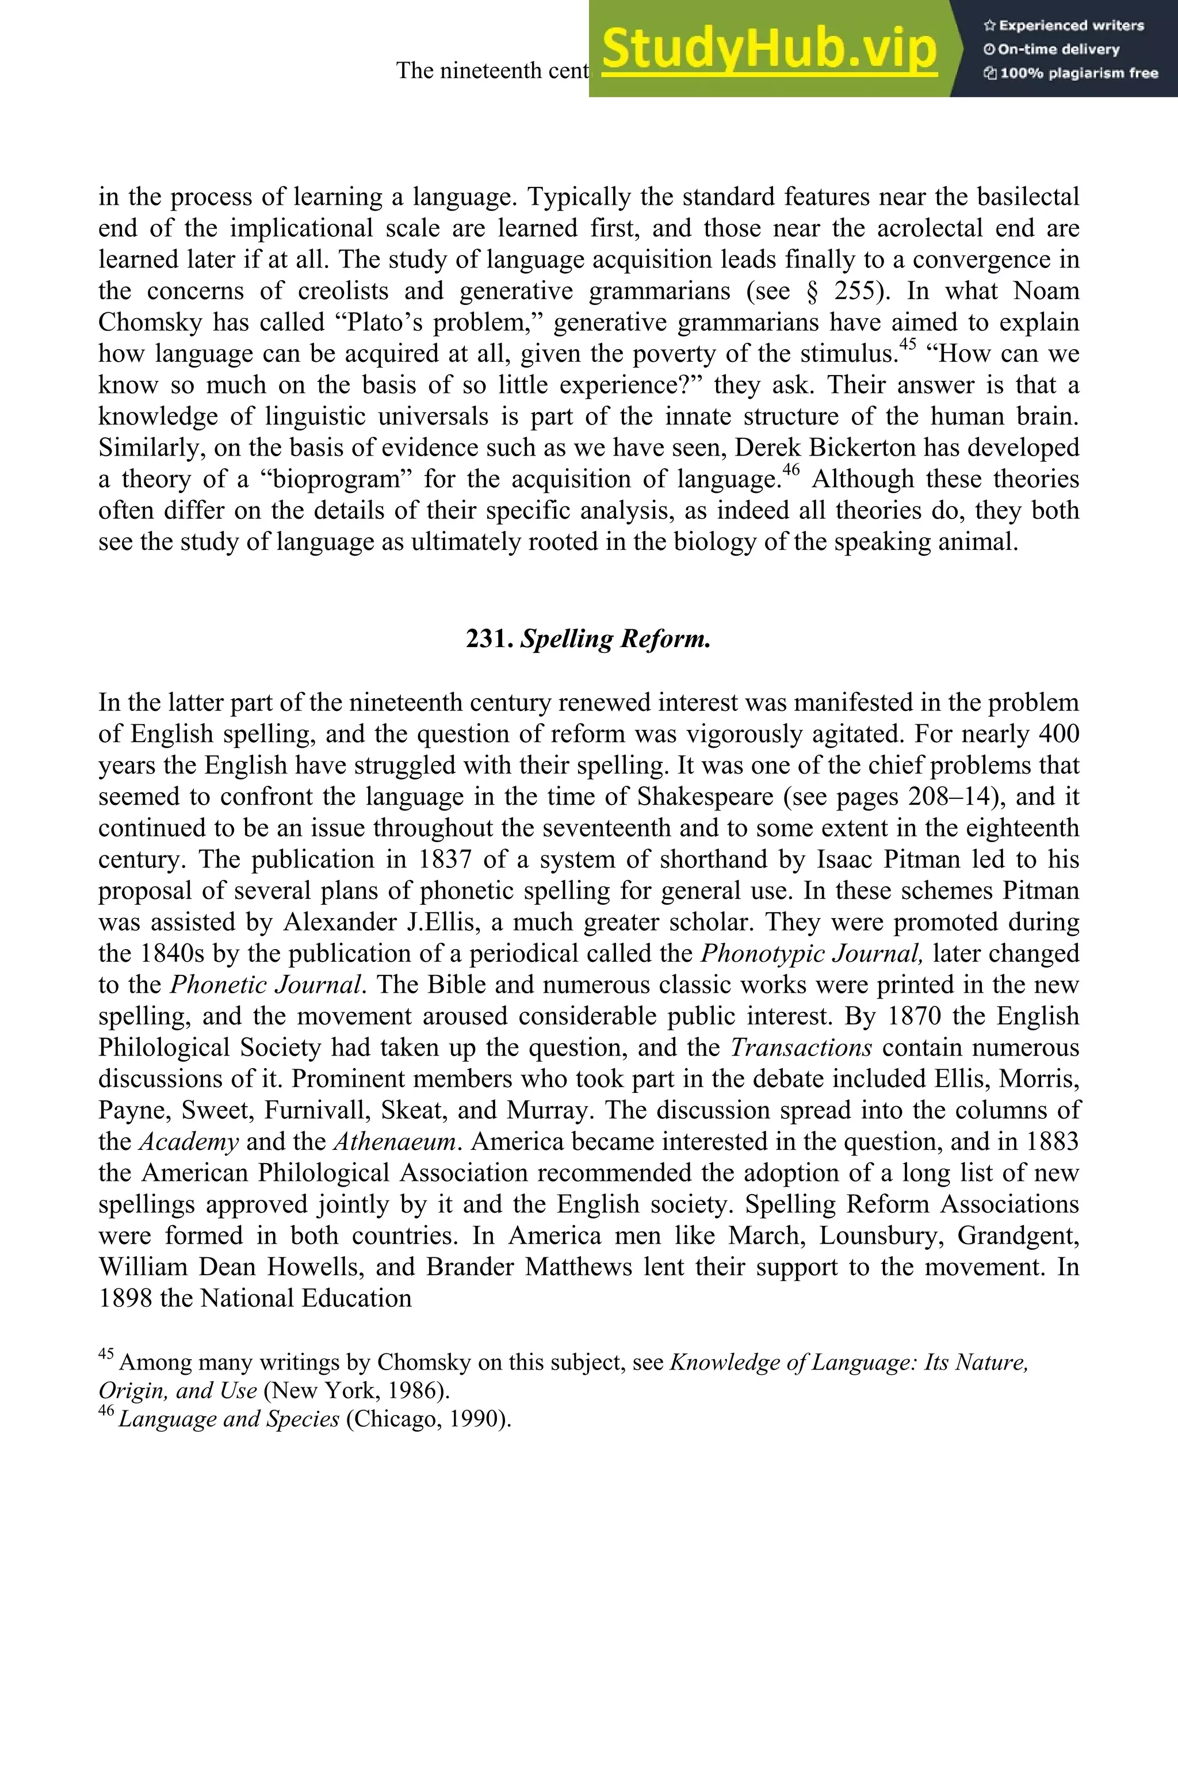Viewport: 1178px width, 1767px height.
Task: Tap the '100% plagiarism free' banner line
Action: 1070,74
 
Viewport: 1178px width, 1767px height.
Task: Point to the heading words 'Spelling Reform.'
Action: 615,638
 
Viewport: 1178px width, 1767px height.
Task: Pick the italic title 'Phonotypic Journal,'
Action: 812,953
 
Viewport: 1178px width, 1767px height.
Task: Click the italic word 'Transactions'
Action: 801,1047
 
